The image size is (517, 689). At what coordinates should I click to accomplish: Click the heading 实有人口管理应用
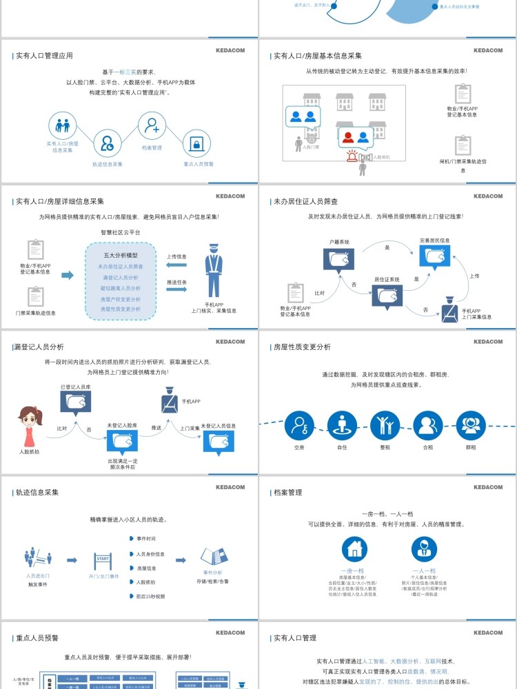44,56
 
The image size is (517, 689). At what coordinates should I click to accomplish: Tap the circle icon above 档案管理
152,127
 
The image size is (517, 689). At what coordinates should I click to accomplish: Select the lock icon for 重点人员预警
196,145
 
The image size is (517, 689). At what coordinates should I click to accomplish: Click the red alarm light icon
352,156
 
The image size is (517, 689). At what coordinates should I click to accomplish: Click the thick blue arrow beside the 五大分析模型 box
67,275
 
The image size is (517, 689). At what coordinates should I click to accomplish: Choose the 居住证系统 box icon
387,296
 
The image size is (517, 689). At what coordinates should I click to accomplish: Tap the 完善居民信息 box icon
435,256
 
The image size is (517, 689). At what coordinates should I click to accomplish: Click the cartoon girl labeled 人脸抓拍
30,426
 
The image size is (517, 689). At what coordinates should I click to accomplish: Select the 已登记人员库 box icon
75,402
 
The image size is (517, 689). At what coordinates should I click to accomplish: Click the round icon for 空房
298,425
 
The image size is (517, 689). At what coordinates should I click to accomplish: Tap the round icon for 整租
385,425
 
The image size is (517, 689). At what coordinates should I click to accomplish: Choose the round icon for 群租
471,425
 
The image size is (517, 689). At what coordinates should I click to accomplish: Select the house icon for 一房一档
355,550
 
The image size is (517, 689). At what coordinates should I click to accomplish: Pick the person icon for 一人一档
424,550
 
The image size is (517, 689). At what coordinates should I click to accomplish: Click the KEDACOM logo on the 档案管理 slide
488,488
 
